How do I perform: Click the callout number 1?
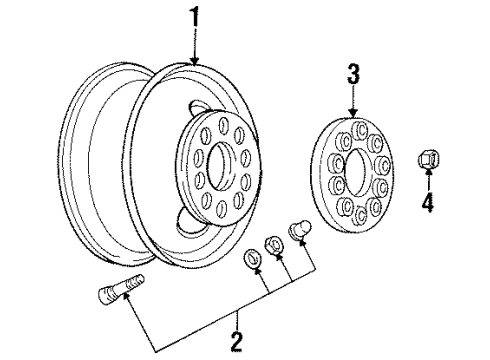point(194,18)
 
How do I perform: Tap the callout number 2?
point(236,341)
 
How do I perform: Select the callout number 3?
point(353,74)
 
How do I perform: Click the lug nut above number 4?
point(428,160)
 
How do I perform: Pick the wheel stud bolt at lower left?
point(120,288)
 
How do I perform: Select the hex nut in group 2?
point(273,246)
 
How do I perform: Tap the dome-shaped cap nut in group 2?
point(299,230)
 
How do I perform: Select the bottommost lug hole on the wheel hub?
point(220,208)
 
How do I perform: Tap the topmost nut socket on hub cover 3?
point(359,129)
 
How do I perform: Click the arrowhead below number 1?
point(194,60)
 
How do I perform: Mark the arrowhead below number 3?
point(353,112)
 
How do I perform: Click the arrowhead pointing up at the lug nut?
point(428,173)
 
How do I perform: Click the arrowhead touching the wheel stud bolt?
point(127,296)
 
